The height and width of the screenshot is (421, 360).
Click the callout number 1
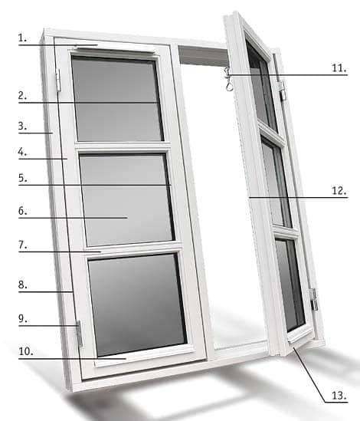point(22,38)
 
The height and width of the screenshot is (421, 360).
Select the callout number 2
point(22,96)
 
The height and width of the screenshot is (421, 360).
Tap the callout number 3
point(22,126)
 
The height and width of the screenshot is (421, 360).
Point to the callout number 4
point(22,152)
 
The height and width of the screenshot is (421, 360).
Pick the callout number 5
point(22,178)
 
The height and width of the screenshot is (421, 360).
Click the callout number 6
point(22,211)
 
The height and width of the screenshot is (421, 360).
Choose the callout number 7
point(22,245)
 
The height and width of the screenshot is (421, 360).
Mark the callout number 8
point(22,285)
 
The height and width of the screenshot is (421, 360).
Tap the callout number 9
point(22,318)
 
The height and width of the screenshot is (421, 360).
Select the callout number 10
point(26,351)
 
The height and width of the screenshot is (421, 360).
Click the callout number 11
point(339,68)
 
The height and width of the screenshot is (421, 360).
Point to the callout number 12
point(339,191)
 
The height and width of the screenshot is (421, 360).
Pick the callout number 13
point(339,396)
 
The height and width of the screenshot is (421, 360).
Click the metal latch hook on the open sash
point(228,79)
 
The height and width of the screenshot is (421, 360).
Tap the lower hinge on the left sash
point(80,334)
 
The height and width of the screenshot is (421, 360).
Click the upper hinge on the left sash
point(58,80)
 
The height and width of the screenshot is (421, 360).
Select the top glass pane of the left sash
point(117,99)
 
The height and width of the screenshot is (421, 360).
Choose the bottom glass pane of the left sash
point(137,304)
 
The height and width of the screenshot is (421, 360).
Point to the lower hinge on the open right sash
point(313,300)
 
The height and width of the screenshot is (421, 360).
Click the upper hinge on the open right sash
point(282,90)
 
